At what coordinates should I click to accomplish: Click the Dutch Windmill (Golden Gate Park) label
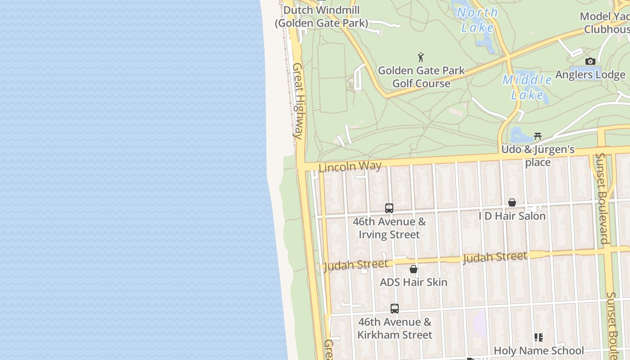tap(321, 16)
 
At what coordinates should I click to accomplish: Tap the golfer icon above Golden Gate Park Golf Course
tap(421, 57)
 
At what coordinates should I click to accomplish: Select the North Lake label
tap(477, 20)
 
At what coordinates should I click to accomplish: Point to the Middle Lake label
tap(527, 87)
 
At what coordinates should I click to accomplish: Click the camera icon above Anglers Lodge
tap(590, 61)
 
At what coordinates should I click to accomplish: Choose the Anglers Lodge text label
tap(590, 75)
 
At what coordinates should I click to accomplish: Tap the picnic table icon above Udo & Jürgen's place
tap(537, 136)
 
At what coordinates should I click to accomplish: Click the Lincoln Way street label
tap(350, 166)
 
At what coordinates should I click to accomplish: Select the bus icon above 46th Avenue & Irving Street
tap(389, 208)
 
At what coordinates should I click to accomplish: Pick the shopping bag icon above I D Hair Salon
tap(512, 202)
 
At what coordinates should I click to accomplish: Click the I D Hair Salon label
tap(512, 216)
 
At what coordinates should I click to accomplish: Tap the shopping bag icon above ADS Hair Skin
tap(414, 269)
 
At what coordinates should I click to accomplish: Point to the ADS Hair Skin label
tap(414, 283)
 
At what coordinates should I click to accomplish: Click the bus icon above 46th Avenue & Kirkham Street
tap(395, 309)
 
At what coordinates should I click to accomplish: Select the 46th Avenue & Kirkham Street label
tap(395, 328)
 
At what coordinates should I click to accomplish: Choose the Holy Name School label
tap(539, 351)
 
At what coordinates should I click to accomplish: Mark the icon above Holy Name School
tap(538, 337)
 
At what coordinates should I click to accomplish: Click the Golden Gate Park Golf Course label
tap(421, 77)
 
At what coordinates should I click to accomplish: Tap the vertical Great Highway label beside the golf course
tap(298, 100)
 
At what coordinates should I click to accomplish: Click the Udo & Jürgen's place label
tap(538, 156)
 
